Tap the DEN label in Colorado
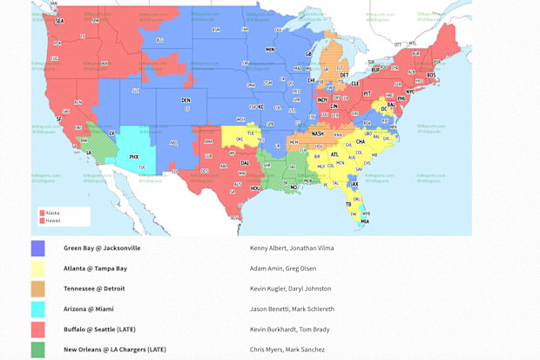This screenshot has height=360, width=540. coord(185,101)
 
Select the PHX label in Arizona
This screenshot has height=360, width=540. coord(133,157)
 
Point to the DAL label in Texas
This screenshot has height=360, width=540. coord(246,163)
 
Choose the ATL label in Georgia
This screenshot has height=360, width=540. coord(335,154)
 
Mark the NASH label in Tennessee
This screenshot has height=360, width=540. coord(317,133)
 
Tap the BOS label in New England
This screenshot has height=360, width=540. coord(431,74)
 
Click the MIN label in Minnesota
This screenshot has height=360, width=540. coord(270,50)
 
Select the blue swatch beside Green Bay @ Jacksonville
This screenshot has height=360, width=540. coord(38,248)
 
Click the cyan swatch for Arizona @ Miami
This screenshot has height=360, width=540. coord(38,309)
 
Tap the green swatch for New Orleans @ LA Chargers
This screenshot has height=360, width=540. coord(38,350)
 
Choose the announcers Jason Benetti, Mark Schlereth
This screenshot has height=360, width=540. coord(291,309)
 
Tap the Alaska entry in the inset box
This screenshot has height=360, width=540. coord(52,212)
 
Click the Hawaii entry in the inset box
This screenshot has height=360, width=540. coord(52,221)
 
